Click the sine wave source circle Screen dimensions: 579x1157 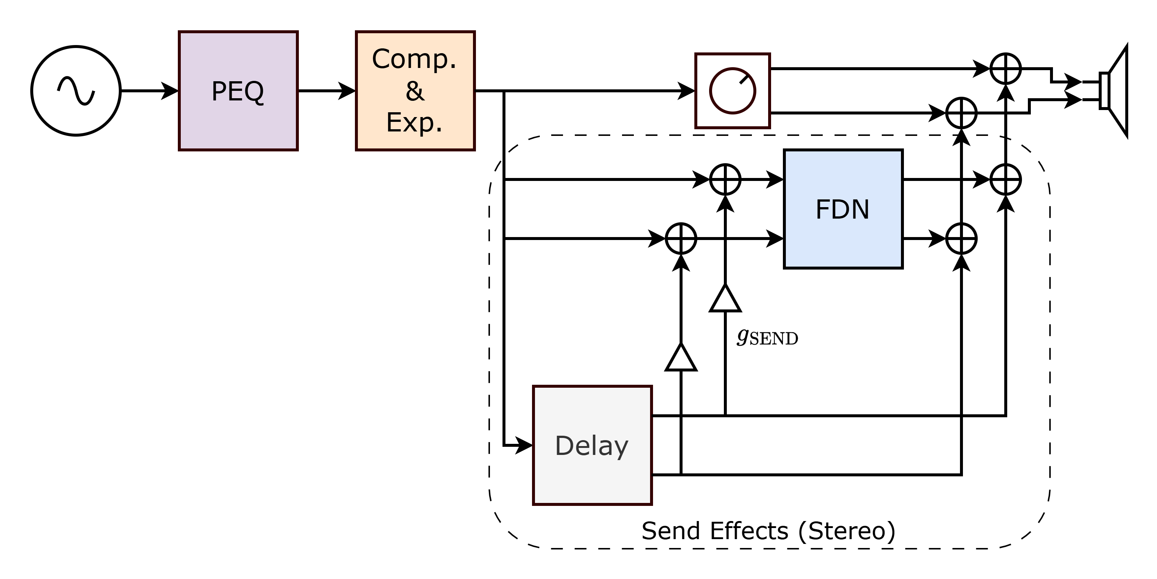[x=76, y=91]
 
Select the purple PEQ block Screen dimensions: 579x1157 [x=238, y=91]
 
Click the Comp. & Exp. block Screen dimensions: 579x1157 [x=415, y=91]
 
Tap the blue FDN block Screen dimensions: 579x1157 [x=843, y=209]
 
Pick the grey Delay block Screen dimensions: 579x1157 [x=592, y=445]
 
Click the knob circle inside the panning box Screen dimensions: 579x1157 [x=733, y=91]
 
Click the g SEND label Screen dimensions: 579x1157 [x=767, y=337]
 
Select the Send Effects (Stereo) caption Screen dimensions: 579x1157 [x=769, y=531]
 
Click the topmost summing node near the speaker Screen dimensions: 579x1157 [x=1006, y=69]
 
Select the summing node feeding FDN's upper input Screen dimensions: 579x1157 [x=725, y=179]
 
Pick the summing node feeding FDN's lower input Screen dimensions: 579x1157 [x=681, y=239]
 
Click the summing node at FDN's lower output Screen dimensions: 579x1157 [x=961, y=239]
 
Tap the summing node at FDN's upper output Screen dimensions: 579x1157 [x=1006, y=179]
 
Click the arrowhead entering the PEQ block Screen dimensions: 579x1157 [x=171, y=91]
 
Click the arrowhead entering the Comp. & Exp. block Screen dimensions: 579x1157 [x=348, y=91]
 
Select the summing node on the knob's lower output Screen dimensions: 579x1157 [x=961, y=113]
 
